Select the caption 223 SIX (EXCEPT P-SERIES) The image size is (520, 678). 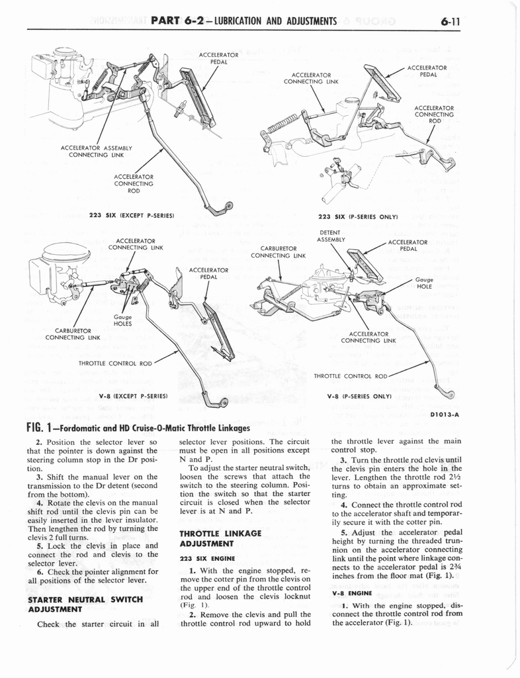(136, 216)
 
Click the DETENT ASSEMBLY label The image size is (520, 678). (329, 236)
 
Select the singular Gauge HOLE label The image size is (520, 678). (424, 283)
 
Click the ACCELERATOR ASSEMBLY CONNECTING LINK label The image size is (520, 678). (97, 152)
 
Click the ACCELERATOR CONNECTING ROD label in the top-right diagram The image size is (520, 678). (433, 114)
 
